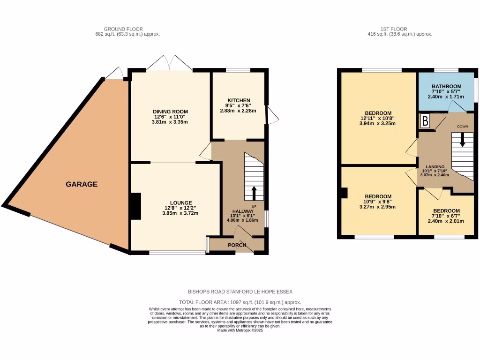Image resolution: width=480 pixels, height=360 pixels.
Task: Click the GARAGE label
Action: [x=82, y=184]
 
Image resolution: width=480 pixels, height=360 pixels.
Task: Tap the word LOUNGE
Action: [x=181, y=202]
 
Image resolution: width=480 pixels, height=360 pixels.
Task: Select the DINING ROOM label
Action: [x=169, y=112]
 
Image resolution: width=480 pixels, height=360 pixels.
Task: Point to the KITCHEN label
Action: [x=239, y=100]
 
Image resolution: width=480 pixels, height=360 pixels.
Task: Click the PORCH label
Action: [x=237, y=245]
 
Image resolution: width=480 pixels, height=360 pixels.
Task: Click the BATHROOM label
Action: [x=446, y=86]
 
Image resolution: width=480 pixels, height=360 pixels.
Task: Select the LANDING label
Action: [x=435, y=166]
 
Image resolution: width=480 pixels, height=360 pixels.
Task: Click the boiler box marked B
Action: [x=425, y=121]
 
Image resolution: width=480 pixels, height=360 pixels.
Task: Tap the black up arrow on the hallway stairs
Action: [x=254, y=193]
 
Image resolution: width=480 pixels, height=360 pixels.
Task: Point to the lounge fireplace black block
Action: [x=135, y=207]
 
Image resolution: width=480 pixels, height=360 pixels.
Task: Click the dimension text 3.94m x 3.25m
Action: [x=378, y=124]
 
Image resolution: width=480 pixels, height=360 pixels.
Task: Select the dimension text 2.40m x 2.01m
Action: [x=446, y=221]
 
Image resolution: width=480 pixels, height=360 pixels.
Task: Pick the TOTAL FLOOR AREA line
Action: [x=240, y=302]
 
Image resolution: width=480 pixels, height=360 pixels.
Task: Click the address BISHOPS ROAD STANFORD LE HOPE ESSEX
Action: [x=240, y=291]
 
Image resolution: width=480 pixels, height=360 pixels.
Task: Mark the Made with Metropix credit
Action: [x=240, y=330]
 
